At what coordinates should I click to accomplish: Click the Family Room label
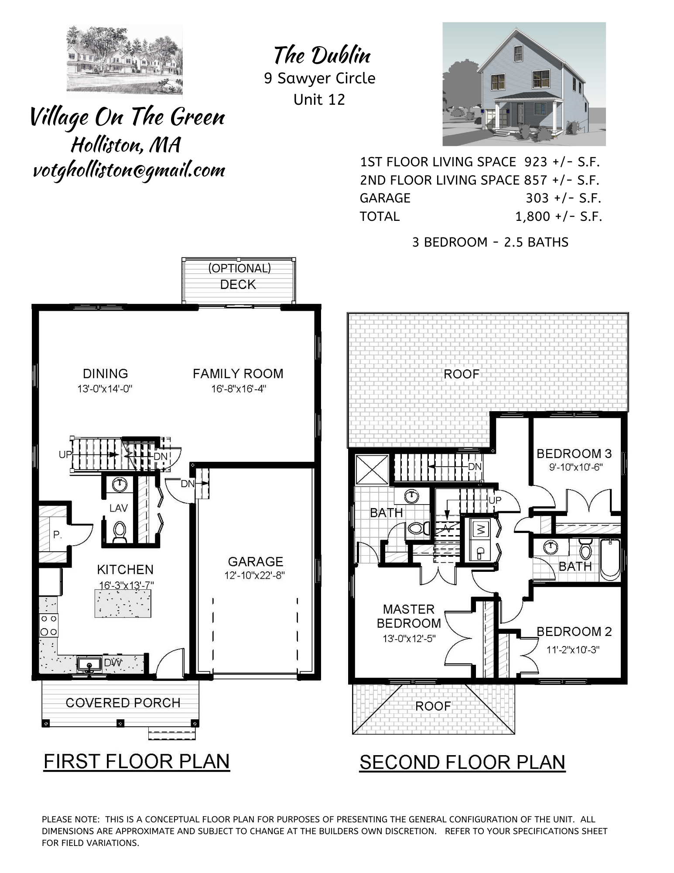point(238,374)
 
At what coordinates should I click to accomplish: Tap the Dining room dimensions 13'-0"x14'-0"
point(105,388)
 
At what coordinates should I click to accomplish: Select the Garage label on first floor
point(255,561)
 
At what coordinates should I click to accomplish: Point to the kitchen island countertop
point(123,604)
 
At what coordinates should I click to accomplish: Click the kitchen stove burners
point(48,625)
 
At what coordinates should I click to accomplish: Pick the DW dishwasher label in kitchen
point(113,663)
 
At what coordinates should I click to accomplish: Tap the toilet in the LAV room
point(119,531)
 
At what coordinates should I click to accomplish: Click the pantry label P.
point(57,534)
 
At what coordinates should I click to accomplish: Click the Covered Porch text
point(123,703)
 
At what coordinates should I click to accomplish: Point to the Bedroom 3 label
point(574,454)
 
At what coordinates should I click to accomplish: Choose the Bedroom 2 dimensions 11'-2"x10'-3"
point(573,650)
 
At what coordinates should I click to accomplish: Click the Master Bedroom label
point(409,616)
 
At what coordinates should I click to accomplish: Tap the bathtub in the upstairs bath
point(610,560)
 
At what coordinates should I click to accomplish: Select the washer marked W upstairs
point(481,529)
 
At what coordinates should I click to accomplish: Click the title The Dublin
point(322,56)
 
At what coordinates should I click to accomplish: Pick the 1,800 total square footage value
point(532,217)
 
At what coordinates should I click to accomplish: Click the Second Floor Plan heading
point(462,762)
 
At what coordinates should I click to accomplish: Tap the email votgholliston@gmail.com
point(129,170)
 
